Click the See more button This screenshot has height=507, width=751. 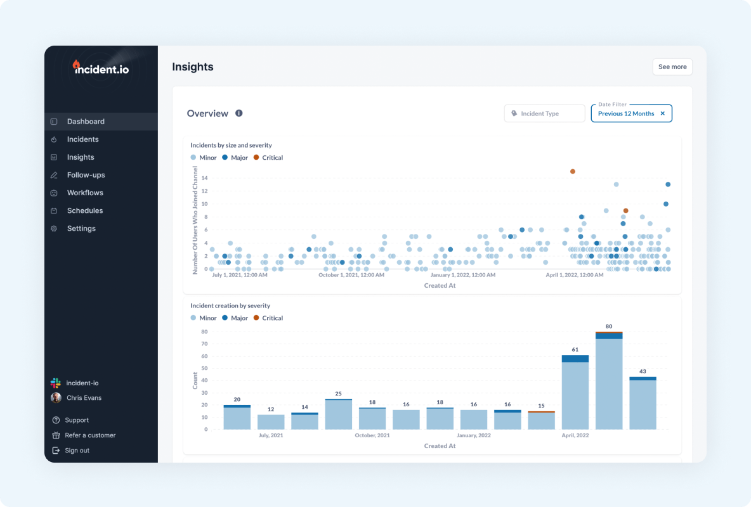pos(672,67)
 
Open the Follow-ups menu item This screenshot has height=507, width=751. pos(86,175)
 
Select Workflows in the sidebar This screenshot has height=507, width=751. pos(85,193)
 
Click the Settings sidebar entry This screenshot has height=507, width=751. pos(81,228)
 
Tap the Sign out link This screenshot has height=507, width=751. pos(77,451)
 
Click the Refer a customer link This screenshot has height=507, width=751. pos(90,435)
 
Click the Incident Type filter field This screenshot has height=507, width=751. pos(545,113)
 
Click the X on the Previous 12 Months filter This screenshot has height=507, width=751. pos(662,113)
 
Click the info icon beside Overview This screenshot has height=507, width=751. pos(239,113)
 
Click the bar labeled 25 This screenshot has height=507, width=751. pos(339,415)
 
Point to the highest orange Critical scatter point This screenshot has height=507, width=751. pos(573,171)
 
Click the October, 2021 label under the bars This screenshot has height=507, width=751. pos(372,435)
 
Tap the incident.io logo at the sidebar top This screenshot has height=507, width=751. pos(101,67)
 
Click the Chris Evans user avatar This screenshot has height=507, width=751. pos(56,398)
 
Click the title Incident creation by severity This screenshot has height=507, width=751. pos(230,305)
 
